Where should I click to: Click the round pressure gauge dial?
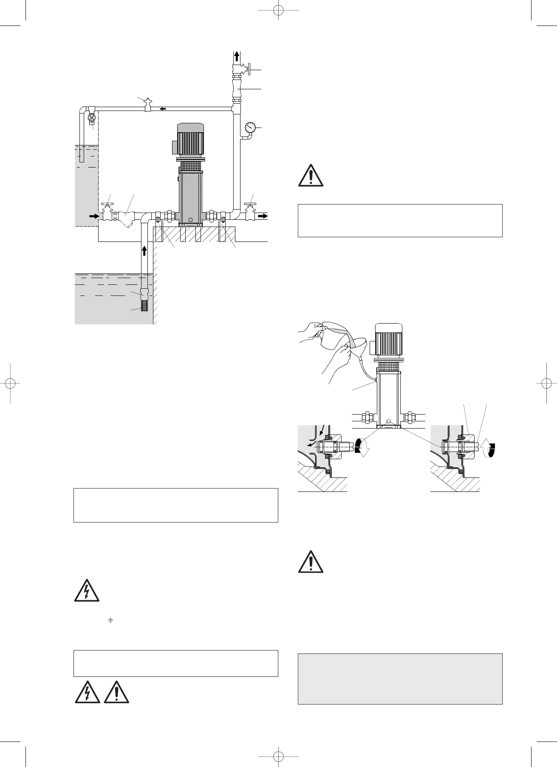click(250, 127)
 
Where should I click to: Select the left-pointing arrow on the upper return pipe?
click(163, 109)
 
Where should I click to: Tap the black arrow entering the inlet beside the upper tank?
click(93, 216)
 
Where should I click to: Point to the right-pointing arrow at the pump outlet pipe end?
click(263, 216)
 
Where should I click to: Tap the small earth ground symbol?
click(110, 621)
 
